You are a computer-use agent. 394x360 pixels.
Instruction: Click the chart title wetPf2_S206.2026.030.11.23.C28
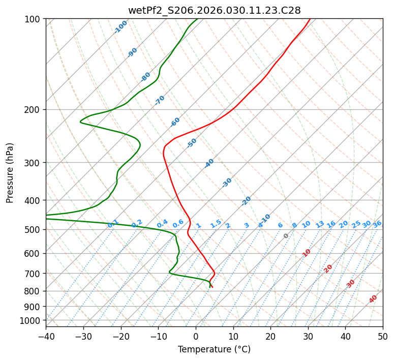click(x=214, y=10)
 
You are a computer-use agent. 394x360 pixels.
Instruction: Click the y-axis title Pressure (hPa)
click(x=10, y=172)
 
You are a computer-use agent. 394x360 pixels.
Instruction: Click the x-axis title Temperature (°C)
click(x=214, y=349)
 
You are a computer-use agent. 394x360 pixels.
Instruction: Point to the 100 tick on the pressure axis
click(x=33, y=19)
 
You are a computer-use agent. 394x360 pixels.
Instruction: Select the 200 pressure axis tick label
click(x=33, y=109)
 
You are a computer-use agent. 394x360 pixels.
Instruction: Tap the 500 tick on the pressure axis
click(x=33, y=229)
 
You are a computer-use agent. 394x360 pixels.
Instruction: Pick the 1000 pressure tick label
click(x=31, y=320)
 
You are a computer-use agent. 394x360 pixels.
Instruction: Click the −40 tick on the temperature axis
click(x=46, y=336)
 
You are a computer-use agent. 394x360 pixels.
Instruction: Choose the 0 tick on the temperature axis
click(x=196, y=336)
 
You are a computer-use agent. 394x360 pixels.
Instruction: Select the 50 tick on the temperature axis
click(x=383, y=336)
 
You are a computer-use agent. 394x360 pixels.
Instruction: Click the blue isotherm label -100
click(x=121, y=27)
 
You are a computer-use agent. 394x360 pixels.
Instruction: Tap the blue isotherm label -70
click(x=160, y=100)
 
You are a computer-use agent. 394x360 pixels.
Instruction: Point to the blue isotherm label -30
click(x=227, y=183)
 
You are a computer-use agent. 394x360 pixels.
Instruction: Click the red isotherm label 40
click(x=373, y=299)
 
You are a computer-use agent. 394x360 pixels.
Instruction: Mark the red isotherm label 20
click(x=328, y=268)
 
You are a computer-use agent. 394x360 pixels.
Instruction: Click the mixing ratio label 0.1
click(x=113, y=224)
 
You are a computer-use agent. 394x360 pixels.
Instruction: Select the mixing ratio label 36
click(x=377, y=224)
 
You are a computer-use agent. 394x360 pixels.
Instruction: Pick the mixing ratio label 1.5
click(x=216, y=224)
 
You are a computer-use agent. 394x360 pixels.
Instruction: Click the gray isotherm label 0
click(x=286, y=236)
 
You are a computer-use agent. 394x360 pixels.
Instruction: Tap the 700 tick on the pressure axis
click(x=33, y=274)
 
